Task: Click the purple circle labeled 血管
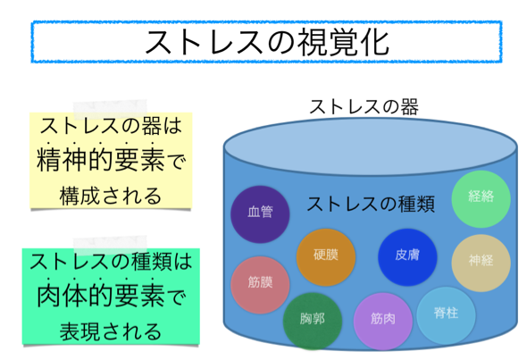260,214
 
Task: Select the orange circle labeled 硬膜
326,257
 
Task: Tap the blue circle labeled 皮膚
407,257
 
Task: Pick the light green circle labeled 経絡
481,198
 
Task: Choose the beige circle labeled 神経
481,263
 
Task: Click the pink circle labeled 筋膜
260,285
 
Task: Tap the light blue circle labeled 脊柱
446,315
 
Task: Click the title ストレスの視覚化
267,42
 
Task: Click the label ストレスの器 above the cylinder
364,107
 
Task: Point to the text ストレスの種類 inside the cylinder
371,204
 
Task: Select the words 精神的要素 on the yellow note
100,160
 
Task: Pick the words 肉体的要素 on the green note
100,296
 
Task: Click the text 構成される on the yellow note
110,197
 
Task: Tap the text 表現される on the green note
110,331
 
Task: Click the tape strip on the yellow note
110,109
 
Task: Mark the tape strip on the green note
110,245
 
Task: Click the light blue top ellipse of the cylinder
371,147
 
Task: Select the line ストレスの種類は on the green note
111,262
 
